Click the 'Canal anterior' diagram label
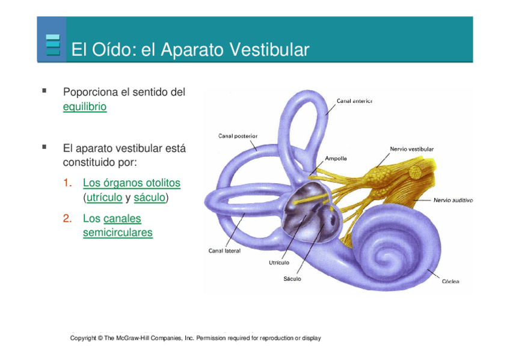354,101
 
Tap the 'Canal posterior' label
238,136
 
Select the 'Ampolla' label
336,159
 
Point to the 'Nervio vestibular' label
412,148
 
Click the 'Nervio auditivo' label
453,200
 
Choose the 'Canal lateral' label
224,251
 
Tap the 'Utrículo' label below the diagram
278,263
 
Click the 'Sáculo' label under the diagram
292,279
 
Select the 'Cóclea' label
450,281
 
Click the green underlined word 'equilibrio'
85,107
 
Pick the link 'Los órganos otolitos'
131,183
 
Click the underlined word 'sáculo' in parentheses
149,197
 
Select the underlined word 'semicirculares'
117,233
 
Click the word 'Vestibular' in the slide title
265,49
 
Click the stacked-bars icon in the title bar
53,45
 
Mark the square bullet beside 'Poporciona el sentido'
44,91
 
